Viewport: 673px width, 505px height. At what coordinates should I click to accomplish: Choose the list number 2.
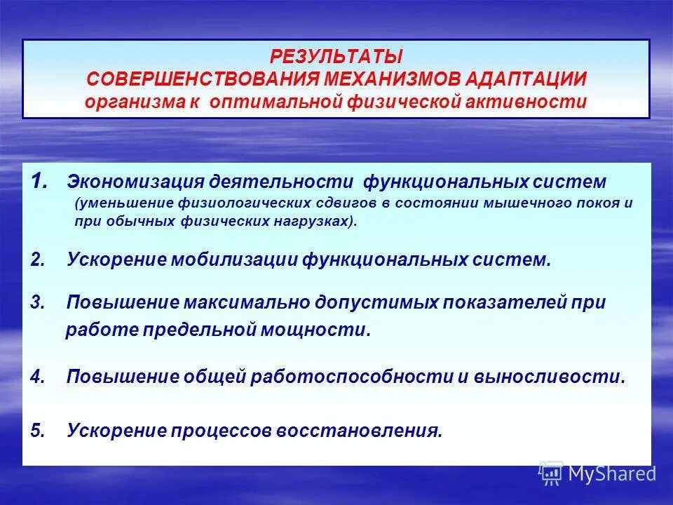38,260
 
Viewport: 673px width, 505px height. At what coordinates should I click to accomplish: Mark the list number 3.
38,303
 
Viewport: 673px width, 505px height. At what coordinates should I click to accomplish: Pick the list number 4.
38,377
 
